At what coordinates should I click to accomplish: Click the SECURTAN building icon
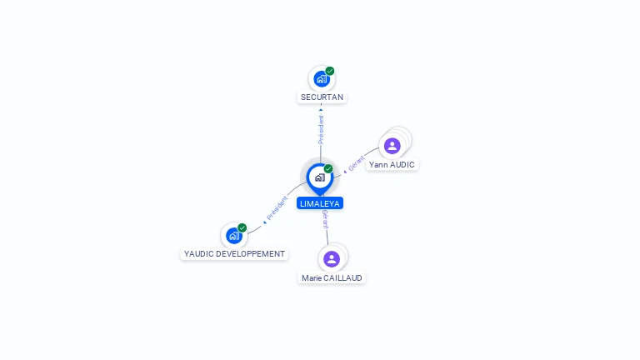[x=322, y=79]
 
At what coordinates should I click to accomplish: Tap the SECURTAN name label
[x=322, y=97]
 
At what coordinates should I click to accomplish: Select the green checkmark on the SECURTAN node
[x=330, y=71]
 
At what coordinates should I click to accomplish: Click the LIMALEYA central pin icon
[x=320, y=178]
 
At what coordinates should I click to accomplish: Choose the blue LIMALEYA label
[x=320, y=203]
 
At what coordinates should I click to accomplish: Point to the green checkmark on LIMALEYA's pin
[x=328, y=168]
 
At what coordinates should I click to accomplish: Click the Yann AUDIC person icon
[x=392, y=146]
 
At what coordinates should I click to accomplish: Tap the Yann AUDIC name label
[x=392, y=164]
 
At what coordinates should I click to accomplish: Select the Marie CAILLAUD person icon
[x=332, y=259]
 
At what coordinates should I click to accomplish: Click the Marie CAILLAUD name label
[x=332, y=278]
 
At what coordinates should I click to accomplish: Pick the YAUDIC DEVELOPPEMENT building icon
[x=234, y=236]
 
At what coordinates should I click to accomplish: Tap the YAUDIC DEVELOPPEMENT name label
[x=234, y=254]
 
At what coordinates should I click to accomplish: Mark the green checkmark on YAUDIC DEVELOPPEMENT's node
[x=242, y=227]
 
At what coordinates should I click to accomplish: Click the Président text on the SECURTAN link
[x=321, y=129]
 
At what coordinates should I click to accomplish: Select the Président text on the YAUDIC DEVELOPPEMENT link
[x=277, y=207]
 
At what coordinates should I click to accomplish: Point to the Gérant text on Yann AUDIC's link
[x=357, y=163]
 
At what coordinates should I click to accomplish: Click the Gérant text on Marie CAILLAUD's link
[x=325, y=219]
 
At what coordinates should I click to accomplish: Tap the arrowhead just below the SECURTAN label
[x=321, y=110]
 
